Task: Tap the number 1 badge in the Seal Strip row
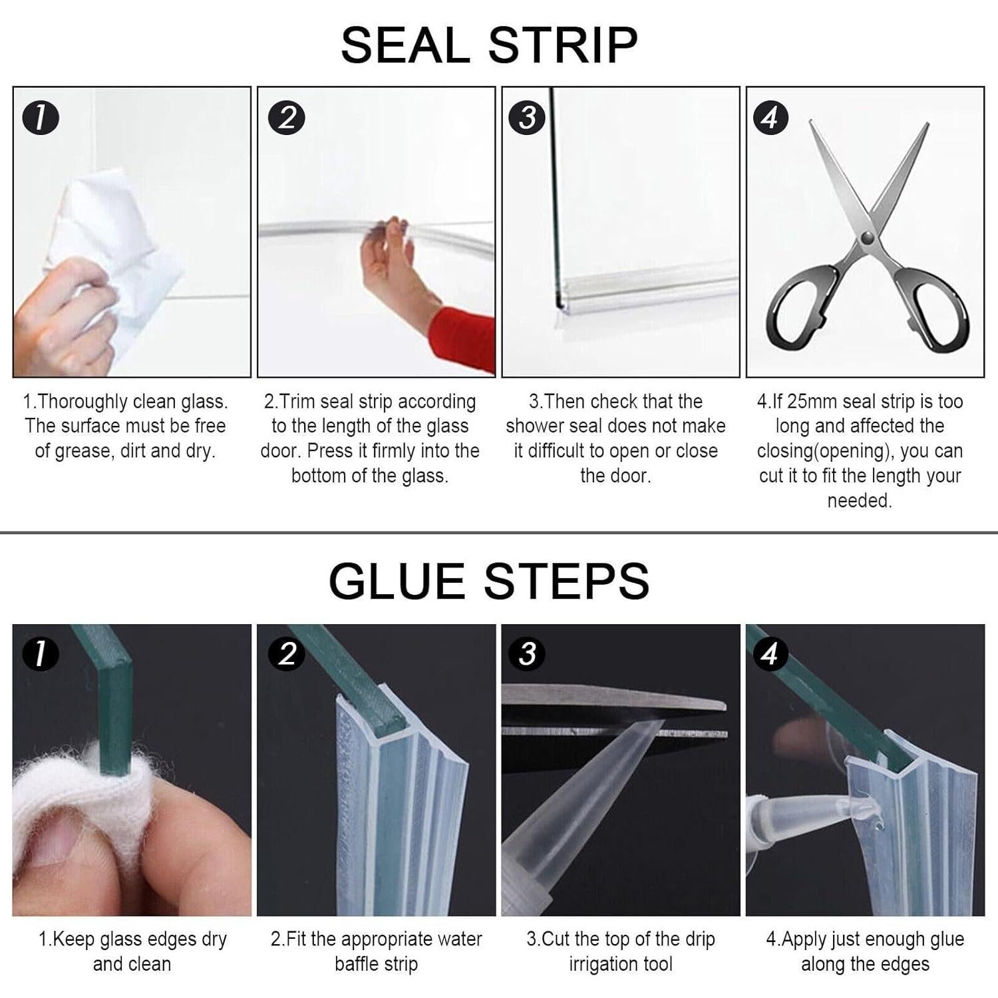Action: tap(41, 118)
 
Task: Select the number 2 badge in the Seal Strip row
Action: tap(286, 118)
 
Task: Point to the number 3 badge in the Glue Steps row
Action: tap(528, 653)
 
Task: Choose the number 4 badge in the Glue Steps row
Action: tap(770, 653)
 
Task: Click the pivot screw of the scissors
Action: tap(866, 238)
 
